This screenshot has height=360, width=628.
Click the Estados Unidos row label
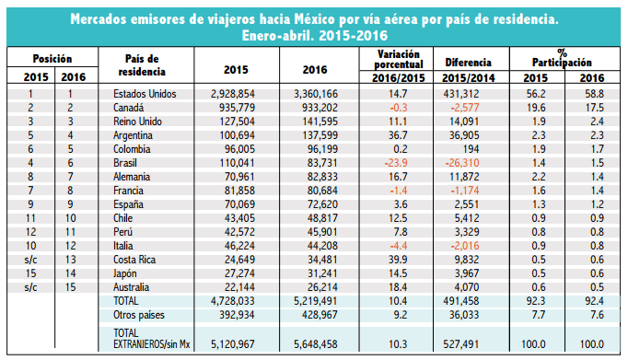(x=145, y=94)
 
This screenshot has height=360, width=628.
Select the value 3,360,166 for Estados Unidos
(x=316, y=94)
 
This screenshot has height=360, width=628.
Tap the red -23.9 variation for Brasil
(x=396, y=163)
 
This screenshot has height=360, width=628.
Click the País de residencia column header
(x=142, y=64)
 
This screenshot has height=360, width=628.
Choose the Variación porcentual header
(x=399, y=59)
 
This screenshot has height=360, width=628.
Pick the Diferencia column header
(x=468, y=63)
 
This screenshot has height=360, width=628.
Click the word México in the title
(x=315, y=18)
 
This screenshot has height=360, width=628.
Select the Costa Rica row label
(x=134, y=260)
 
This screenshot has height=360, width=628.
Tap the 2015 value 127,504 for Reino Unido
(x=237, y=122)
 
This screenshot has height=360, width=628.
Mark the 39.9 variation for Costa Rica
(x=398, y=260)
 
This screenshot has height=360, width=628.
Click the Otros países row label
(x=138, y=315)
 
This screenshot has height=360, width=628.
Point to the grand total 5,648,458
(x=316, y=344)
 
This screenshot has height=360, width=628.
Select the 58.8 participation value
(x=594, y=94)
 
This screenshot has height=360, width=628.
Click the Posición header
(x=52, y=59)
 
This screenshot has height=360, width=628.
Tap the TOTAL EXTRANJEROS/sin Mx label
(x=151, y=339)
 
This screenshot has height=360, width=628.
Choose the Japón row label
(x=125, y=273)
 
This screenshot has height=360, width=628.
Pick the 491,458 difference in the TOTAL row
(x=461, y=301)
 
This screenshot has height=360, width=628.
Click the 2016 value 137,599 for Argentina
(x=320, y=135)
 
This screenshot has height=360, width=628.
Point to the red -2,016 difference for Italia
(x=465, y=246)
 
